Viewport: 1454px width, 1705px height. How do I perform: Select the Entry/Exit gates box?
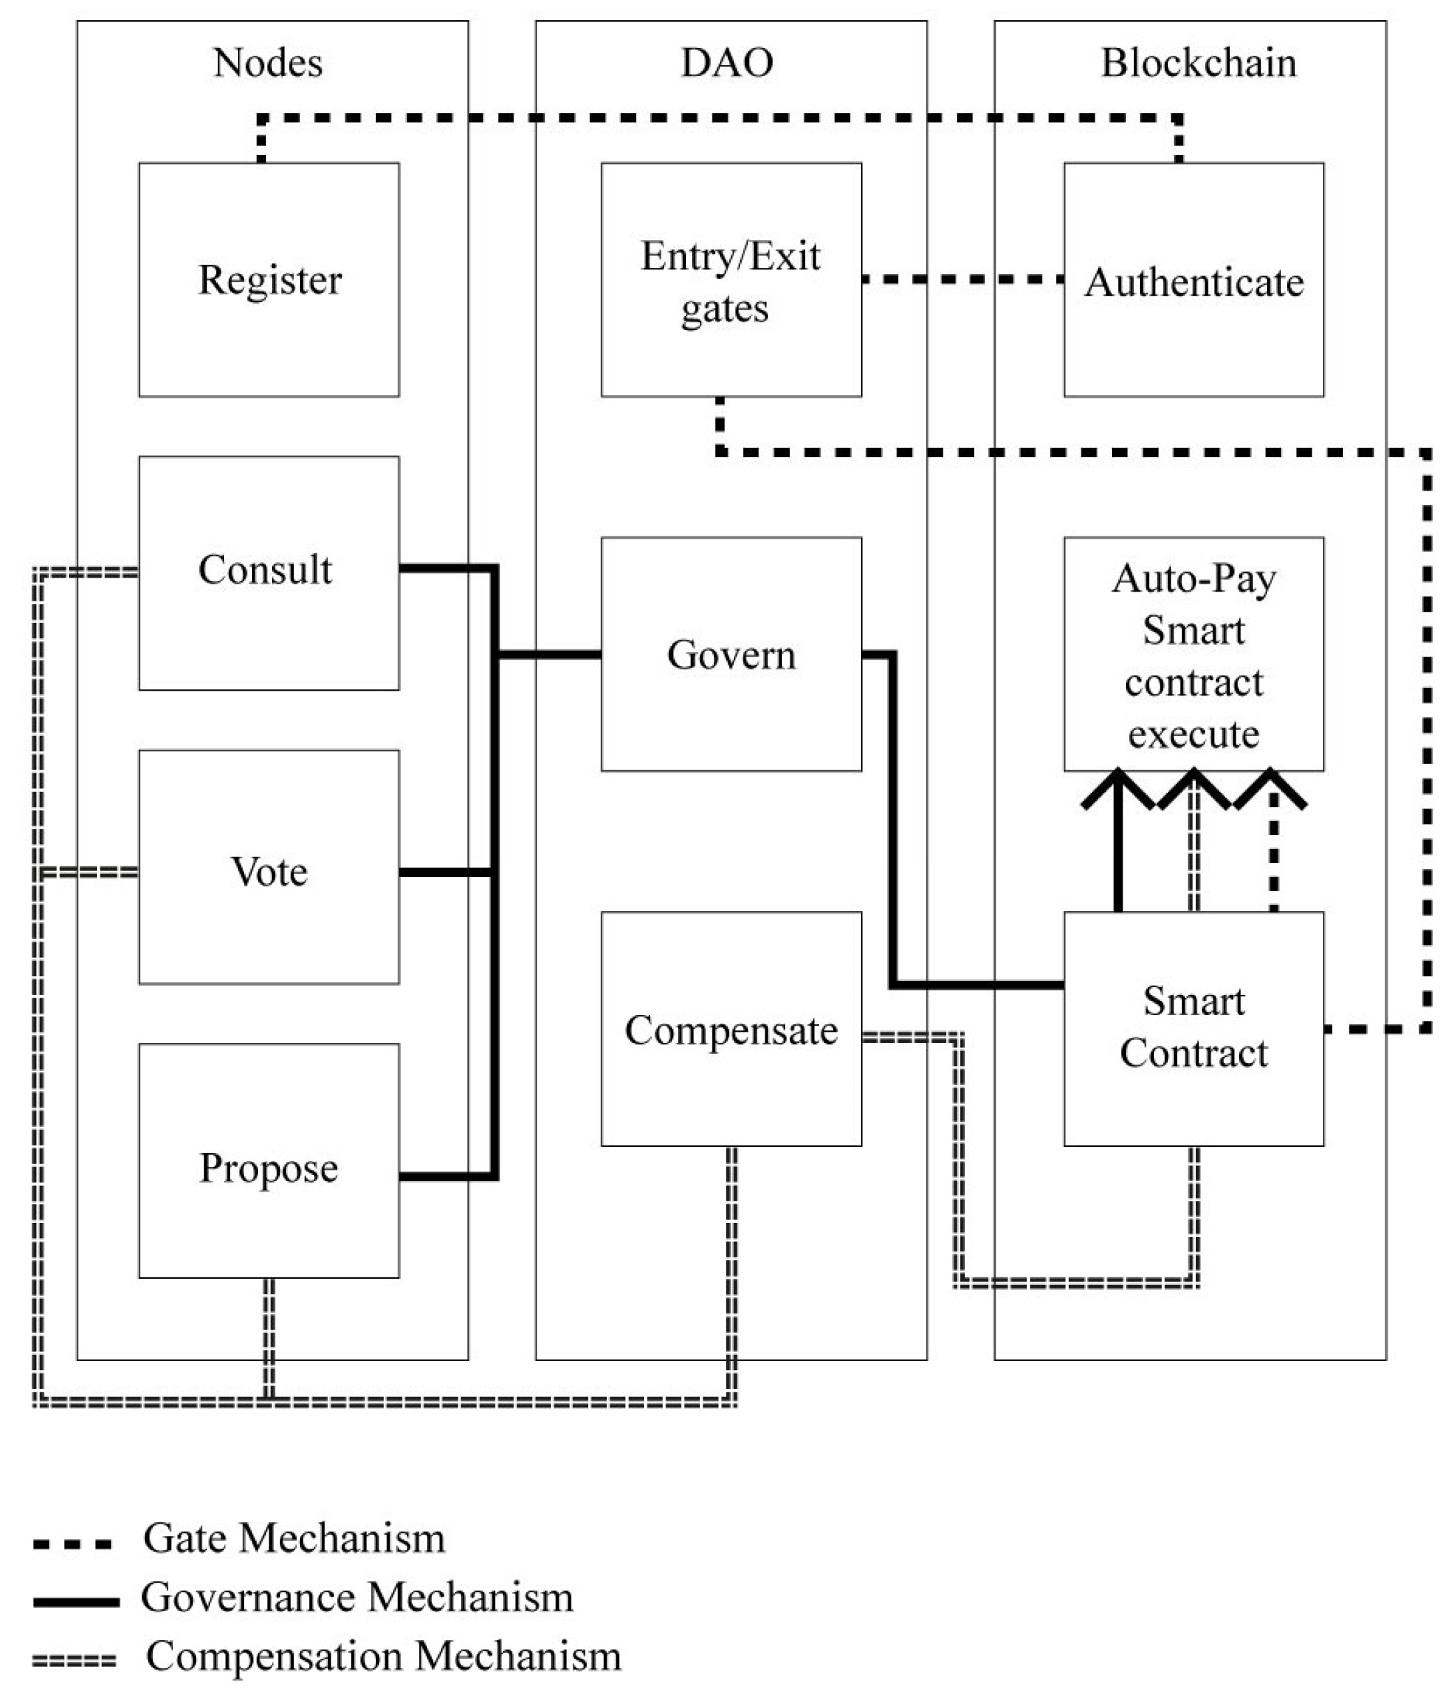click(x=730, y=280)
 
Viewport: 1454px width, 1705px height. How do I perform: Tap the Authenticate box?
click(x=1193, y=280)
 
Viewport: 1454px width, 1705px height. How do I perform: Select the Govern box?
click(x=730, y=654)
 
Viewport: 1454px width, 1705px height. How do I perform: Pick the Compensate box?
click(x=730, y=1028)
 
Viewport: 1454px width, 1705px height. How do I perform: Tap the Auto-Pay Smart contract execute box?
click(x=1193, y=654)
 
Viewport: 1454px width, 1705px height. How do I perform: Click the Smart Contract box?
click(x=1193, y=1028)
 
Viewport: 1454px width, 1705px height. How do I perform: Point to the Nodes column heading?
click(x=268, y=63)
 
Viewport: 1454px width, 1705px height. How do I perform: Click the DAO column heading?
click(x=728, y=63)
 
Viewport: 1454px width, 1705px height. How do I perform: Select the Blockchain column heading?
click(x=1198, y=63)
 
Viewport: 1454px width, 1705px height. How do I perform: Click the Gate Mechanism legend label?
click(x=294, y=1538)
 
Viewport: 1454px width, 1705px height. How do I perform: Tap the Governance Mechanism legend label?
click(x=357, y=1597)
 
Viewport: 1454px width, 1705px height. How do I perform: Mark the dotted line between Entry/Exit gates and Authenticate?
click(x=962, y=280)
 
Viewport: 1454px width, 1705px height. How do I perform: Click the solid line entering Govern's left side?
click(x=550, y=654)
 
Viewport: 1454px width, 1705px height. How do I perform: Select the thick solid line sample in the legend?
click(x=76, y=1601)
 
